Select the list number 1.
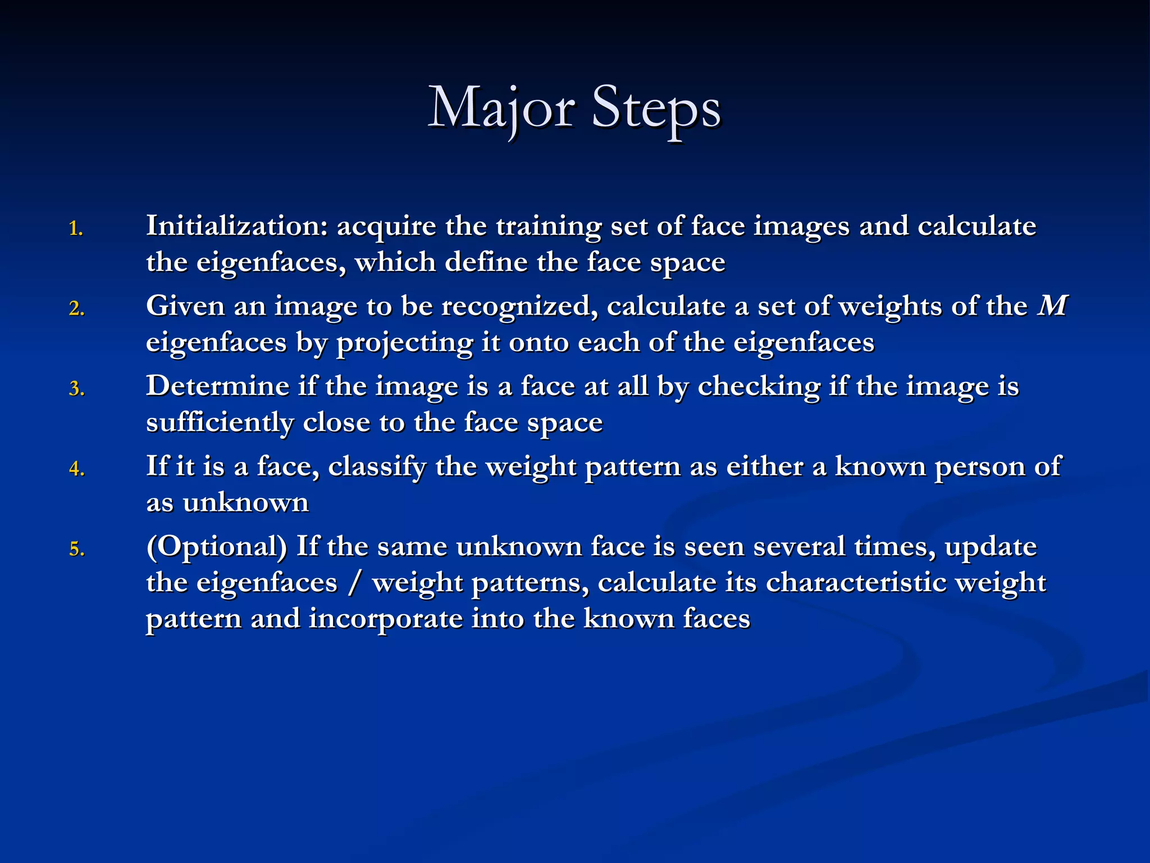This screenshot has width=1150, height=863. point(76,229)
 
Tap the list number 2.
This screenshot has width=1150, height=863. point(76,308)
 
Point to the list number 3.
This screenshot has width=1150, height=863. point(76,389)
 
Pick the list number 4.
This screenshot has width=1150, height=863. point(76,469)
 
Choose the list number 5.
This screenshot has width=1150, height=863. point(76,549)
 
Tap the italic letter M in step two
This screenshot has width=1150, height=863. point(1052,306)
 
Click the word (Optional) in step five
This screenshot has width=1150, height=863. point(216,547)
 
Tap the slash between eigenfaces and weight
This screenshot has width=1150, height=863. point(354,583)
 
